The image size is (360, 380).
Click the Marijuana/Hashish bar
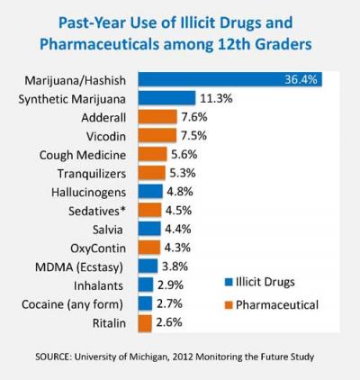230,79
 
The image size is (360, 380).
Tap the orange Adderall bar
151,117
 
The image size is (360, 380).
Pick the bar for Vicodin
151,135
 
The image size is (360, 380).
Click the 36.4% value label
301,79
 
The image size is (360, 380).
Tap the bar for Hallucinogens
149,192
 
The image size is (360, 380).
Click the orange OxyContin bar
148,248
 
